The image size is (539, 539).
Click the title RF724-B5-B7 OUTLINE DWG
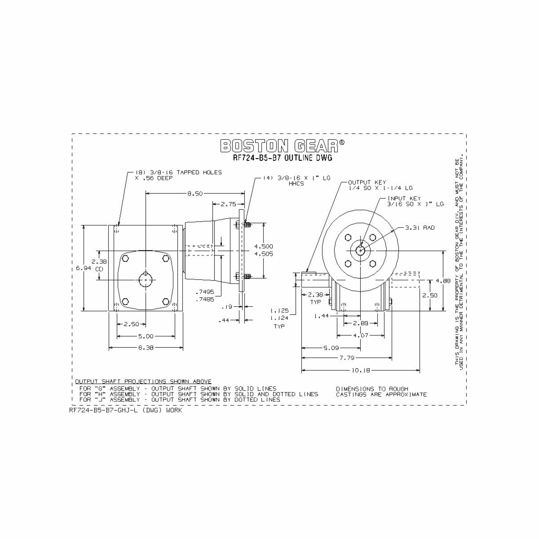click(283, 158)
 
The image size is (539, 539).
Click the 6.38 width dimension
click(146, 347)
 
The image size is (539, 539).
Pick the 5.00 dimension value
click(146, 336)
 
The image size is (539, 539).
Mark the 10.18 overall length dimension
click(360, 370)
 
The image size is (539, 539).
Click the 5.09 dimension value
click(331, 348)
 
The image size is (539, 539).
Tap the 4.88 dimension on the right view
click(442, 281)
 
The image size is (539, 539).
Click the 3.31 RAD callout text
click(420, 228)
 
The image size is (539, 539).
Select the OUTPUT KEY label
click(367, 183)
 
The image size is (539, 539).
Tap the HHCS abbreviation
click(296, 184)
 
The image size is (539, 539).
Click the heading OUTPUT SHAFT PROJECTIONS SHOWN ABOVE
click(143, 381)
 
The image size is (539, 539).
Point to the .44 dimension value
click(224, 320)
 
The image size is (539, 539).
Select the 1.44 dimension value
click(322, 317)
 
